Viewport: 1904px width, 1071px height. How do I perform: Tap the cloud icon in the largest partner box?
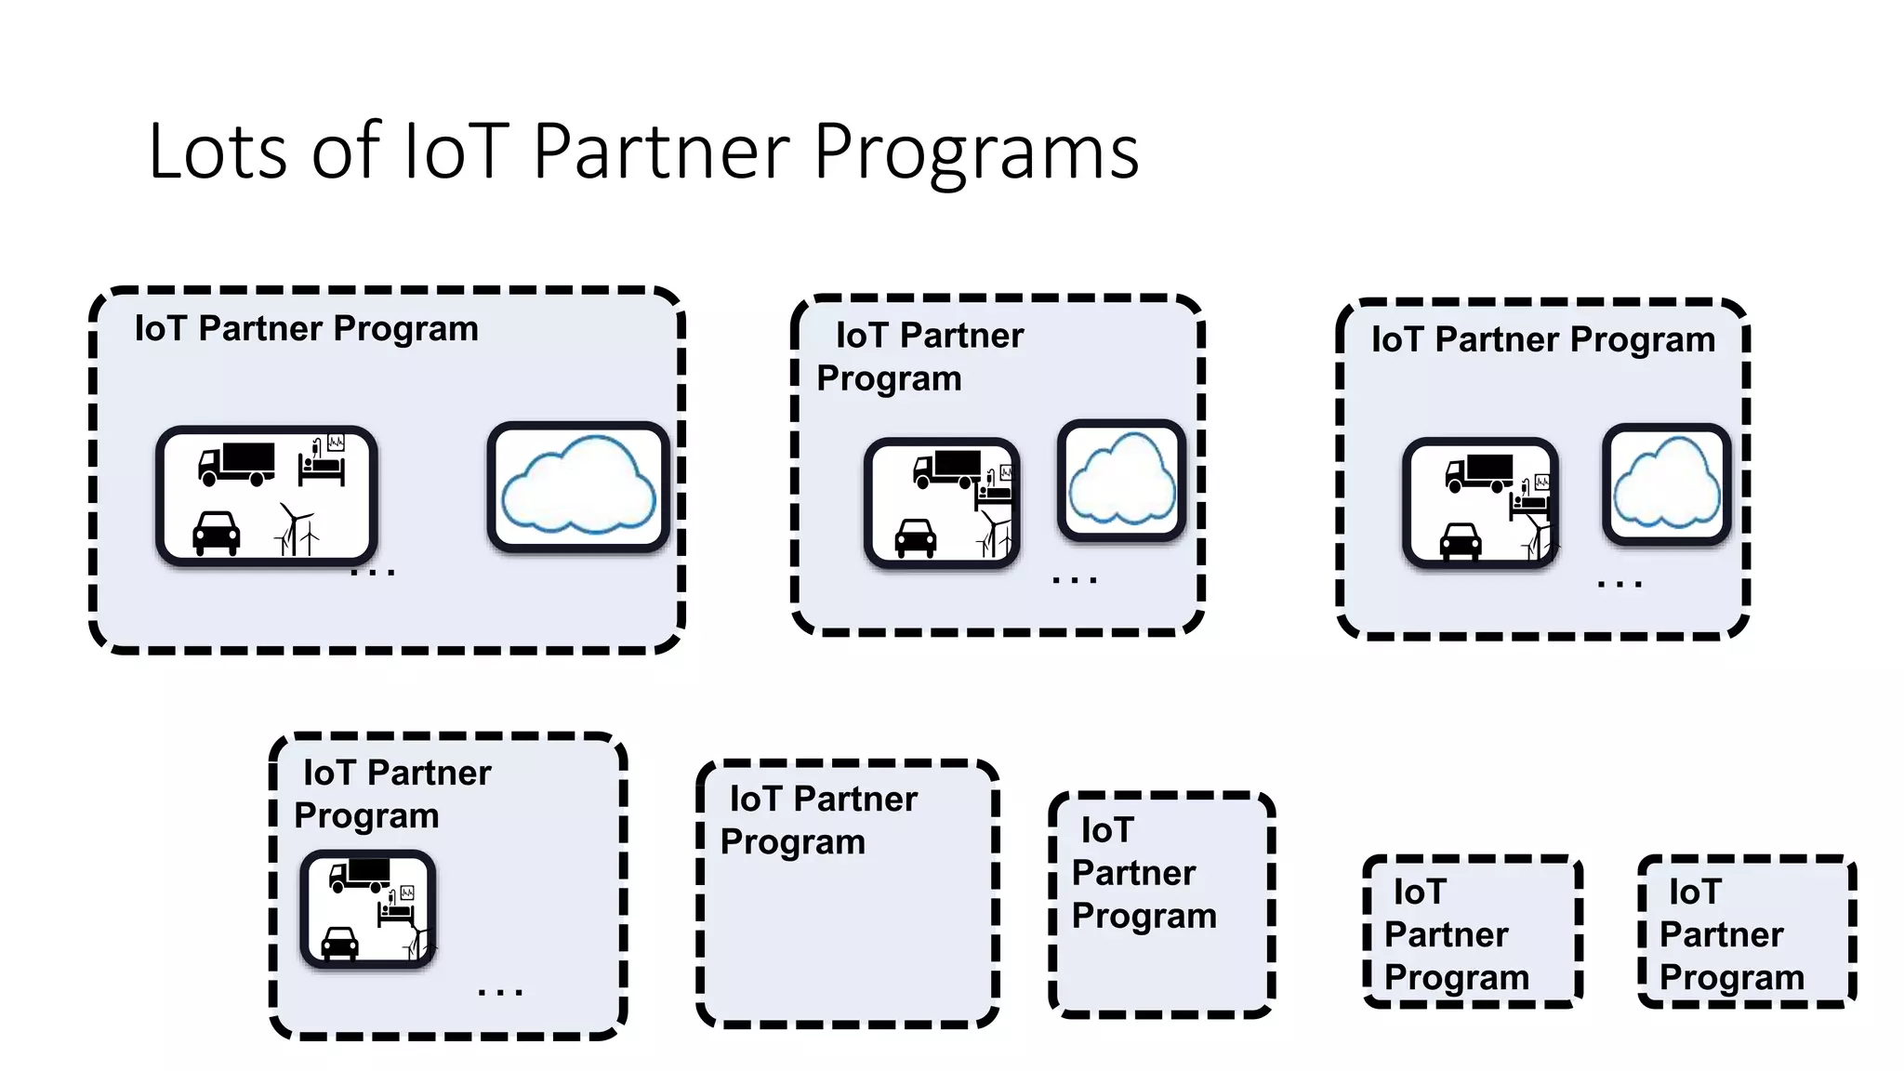coord(578,486)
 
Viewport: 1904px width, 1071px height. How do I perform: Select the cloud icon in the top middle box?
coord(1121,480)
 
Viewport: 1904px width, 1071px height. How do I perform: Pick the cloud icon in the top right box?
coord(1666,483)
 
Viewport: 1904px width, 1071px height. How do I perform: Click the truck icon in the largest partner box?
coord(237,463)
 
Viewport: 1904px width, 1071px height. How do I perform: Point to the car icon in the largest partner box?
coord(216,534)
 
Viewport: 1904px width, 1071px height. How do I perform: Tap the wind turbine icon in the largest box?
coord(297,531)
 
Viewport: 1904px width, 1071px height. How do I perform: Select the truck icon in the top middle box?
coord(947,468)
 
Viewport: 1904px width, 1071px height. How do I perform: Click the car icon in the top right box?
coord(1461,542)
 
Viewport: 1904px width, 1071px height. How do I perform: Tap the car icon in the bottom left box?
coord(339,943)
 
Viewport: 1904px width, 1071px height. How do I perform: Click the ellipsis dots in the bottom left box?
coord(500,993)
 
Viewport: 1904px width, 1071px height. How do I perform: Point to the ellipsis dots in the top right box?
coord(1620,585)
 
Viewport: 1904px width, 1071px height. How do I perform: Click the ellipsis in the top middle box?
coord(1075,580)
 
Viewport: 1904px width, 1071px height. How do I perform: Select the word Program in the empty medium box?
coord(792,842)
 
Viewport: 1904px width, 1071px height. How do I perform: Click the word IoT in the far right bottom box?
coord(1694,892)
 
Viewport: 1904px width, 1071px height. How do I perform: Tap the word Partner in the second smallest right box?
coord(1446,935)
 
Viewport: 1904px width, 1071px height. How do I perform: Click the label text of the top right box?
coord(1543,340)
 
